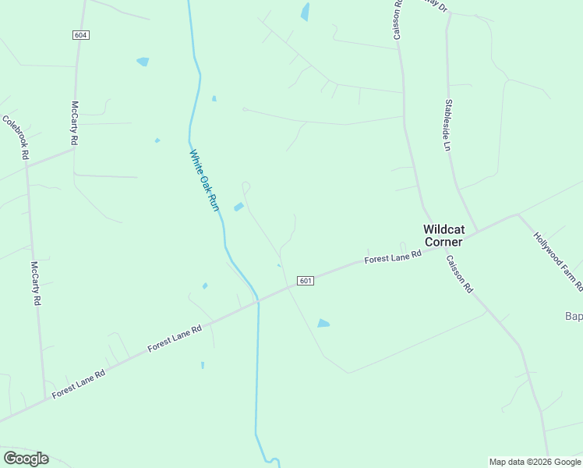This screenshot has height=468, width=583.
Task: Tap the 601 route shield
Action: (306, 281)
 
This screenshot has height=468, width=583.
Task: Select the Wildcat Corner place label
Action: (443, 236)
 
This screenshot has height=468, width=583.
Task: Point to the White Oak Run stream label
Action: (205, 179)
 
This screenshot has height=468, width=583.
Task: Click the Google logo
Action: (26, 459)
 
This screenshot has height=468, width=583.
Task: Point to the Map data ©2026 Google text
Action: (534, 462)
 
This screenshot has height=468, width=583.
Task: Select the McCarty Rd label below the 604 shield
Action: (75, 122)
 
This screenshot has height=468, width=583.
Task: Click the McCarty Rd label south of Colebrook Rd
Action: (35, 283)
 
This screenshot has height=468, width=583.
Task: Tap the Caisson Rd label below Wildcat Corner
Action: (460, 274)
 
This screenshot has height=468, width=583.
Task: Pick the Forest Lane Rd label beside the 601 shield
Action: (394, 257)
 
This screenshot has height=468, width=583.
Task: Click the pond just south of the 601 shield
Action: (323, 323)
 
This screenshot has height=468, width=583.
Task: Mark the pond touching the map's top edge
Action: (305, 11)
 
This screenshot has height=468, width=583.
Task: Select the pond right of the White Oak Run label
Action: (238, 207)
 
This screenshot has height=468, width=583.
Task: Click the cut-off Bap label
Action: (573, 316)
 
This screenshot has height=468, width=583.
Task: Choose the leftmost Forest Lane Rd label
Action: (79, 384)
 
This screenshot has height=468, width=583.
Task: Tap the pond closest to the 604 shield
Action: (143, 62)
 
